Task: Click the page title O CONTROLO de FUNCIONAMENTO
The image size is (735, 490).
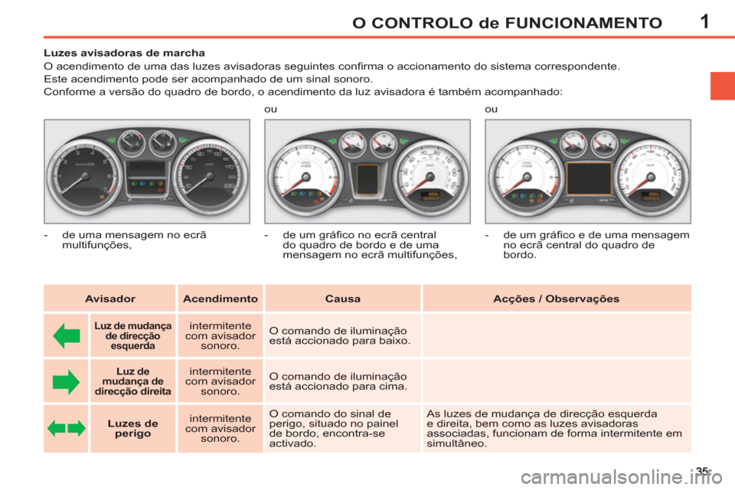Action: pyautogui.click(x=507, y=22)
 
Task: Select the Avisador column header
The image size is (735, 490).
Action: pyautogui.click(x=109, y=299)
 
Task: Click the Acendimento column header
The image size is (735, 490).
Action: pyautogui.click(x=220, y=299)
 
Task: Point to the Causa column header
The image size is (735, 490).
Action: pyautogui.click(x=342, y=299)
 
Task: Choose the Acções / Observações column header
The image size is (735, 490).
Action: pyautogui.click(x=557, y=299)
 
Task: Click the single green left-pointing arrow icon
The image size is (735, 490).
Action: pyautogui.click(x=67, y=336)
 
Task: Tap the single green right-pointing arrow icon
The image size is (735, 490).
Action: pyautogui.click(x=67, y=381)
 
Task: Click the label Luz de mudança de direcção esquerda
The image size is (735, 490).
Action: pyautogui.click(x=132, y=336)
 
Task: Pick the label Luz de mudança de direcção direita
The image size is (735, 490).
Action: pyautogui.click(x=132, y=381)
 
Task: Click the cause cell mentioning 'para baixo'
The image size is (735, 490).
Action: pyautogui.click(x=339, y=336)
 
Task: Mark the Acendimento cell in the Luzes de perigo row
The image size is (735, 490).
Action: pyautogui.click(x=220, y=429)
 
